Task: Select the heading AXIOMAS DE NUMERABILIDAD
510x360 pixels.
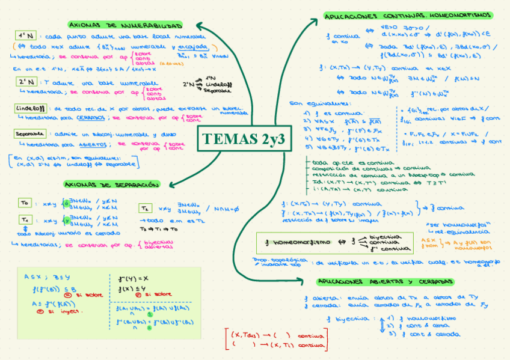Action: pos(125,26)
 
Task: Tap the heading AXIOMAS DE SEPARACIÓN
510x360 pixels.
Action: pos(112,184)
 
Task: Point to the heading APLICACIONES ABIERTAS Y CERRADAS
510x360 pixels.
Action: pos(385,281)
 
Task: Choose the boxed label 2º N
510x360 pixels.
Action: pos(26,82)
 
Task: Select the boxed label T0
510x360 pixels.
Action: pos(24,203)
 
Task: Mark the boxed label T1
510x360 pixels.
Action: pos(24,220)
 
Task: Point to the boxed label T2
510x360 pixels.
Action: pos(146,208)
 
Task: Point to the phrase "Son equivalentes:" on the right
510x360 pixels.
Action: pos(310,103)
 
